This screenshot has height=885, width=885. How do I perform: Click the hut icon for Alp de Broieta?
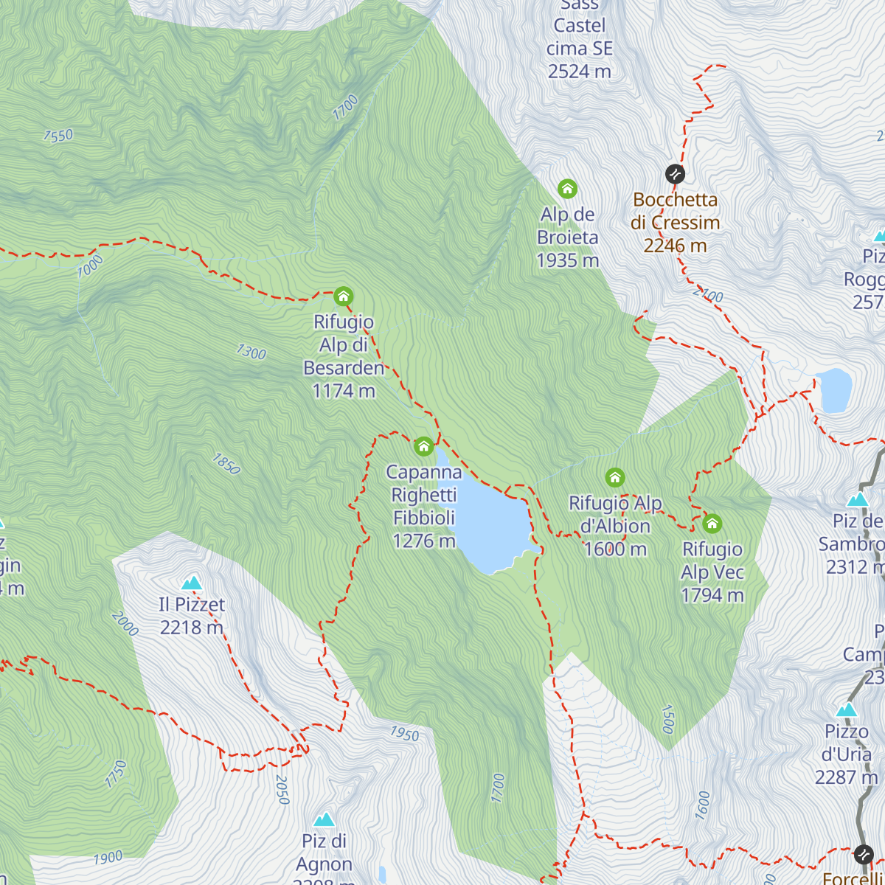[x=567, y=189]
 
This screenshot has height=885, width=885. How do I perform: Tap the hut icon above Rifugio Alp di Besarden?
[x=343, y=296]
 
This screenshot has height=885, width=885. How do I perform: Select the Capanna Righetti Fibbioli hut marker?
[x=423, y=446]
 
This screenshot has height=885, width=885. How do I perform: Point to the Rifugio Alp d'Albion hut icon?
[x=615, y=478]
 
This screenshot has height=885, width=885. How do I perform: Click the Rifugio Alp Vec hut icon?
[x=712, y=524]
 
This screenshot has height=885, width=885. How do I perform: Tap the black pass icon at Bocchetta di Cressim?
[x=675, y=174]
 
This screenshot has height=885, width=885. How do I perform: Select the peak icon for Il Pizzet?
[x=192, y=583]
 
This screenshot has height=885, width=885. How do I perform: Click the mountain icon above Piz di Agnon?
[x=324, y=820]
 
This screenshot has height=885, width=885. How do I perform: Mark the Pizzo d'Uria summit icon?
[x=847, y=710]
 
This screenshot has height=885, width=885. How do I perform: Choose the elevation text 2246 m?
[x=675, y=246]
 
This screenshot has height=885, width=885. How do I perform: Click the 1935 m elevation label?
[x=567, y=260]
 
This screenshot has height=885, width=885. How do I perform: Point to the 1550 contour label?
[x=58, y=136]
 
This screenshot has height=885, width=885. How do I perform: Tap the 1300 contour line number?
[x=251, y=353]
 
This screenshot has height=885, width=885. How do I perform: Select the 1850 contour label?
[x=226, y=464]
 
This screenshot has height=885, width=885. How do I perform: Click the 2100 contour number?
[x=708, y=295]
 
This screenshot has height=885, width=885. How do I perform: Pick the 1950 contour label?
[x=404, y=734]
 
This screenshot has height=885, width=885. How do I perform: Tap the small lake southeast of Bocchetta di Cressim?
[x=835, y=390]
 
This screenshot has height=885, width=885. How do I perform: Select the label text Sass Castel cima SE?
[x=580, y=37]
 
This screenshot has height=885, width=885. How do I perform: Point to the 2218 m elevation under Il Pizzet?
[x=192, y=628]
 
